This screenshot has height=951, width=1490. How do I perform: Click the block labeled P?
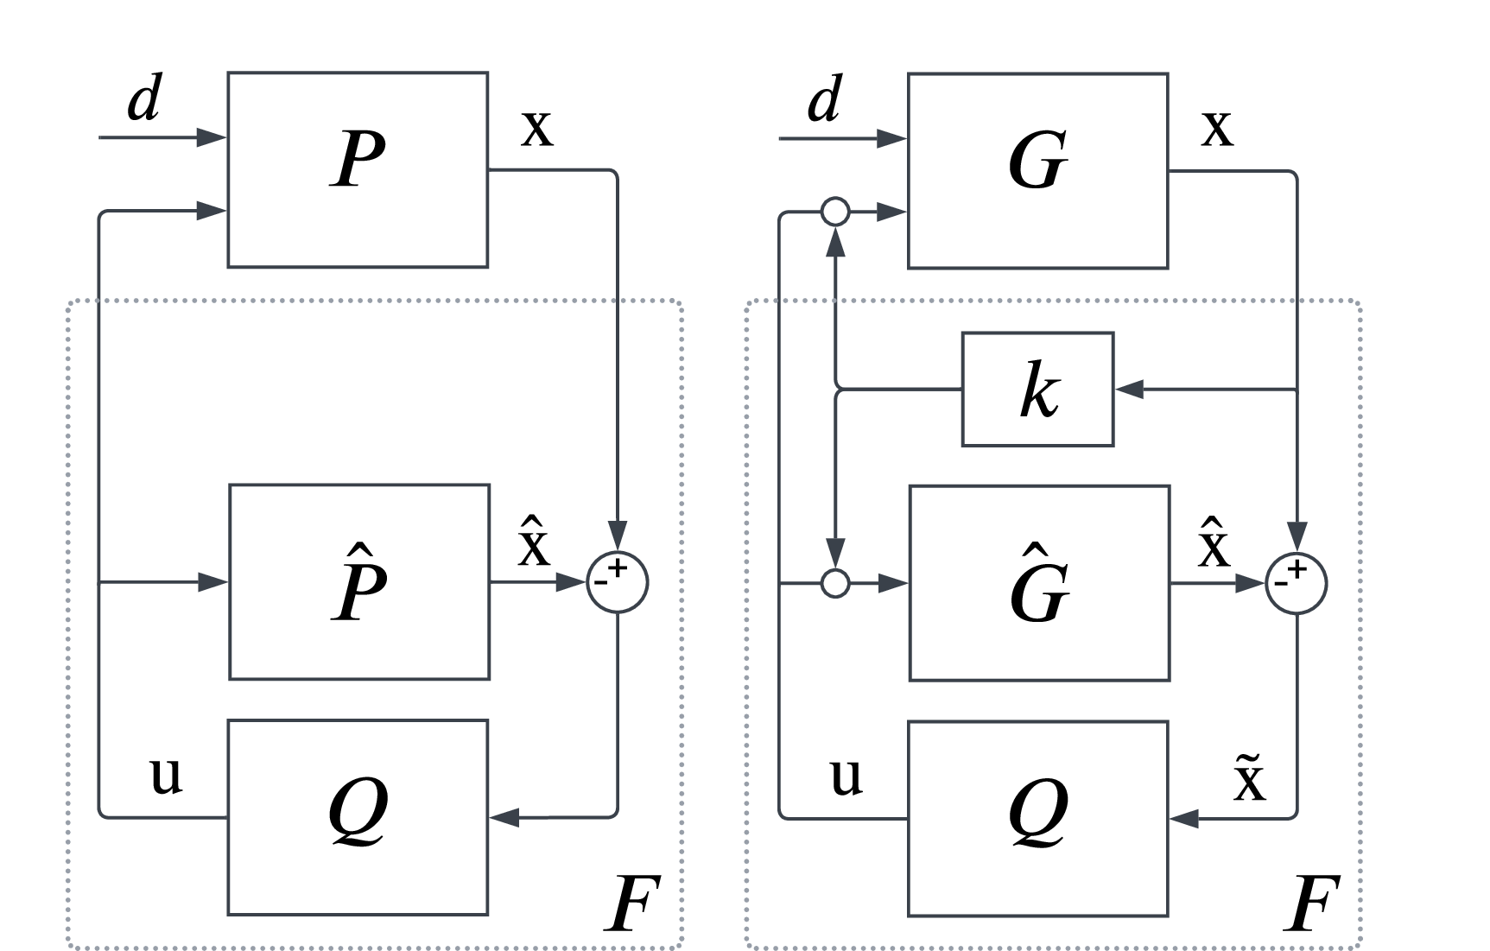click(x=358, y=170)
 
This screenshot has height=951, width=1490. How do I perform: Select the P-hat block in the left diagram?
click(x=359, y=582)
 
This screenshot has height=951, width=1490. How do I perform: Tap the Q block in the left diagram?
click(x=358, y=817)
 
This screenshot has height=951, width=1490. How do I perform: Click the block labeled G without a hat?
click(x=1037, y=171)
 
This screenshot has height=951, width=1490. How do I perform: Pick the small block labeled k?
click(x=1037, y=390)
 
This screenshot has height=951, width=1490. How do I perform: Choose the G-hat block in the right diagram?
click(x=1039, y=583)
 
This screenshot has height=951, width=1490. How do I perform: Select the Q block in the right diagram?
click(x=1037, y=818)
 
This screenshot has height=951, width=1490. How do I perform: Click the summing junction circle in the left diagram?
click(x=618, y=582)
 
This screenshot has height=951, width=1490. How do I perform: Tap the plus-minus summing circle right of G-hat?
click(x=1297, y=584)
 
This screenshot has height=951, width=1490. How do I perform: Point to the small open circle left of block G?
click(x=835, y=212)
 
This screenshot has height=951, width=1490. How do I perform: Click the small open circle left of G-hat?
click(x=835, y=584)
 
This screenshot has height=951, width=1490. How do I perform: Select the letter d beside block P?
click(x=143, y=99)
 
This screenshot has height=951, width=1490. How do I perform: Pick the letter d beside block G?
click(x=823, y=100)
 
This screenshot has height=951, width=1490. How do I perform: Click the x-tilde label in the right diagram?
click(x=1249, y=777)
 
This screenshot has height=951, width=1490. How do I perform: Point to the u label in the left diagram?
click(x=166, y=775)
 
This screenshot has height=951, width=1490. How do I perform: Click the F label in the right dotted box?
click(x=1310, y=903)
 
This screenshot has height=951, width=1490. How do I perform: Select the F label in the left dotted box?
click(x=631, y=903)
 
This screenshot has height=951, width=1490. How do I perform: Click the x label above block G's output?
click(x=1217, y=128)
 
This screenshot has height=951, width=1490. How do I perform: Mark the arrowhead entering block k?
click(x=1128, y=390)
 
